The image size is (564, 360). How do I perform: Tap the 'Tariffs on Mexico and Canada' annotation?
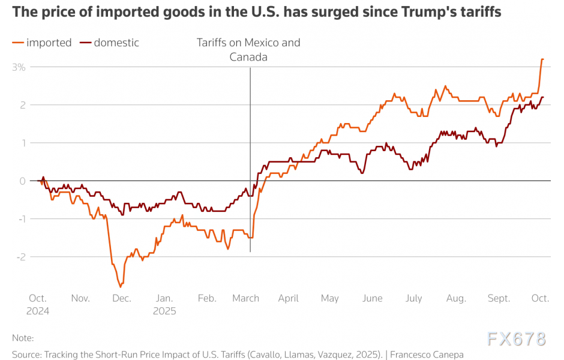click(x=248, y=50)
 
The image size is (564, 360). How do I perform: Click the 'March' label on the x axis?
click(x=246, y=298)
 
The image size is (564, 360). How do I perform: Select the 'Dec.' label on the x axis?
click(x=122, y=298)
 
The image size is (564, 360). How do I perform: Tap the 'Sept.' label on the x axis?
click(x=499, y=298)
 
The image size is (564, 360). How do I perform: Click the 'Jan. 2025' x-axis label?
click(x=164, y=304)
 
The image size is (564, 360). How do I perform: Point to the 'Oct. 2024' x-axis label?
click(x=38, y=304)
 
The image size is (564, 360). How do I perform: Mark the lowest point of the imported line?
click(x=120, y=287)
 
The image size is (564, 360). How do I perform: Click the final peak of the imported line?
click(x=542, y=59)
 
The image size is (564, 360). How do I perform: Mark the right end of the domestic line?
click(x=543, y=97)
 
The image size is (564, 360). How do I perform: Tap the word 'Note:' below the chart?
click(x=23, y=338)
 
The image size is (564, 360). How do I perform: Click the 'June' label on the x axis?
click(x=373, y=298)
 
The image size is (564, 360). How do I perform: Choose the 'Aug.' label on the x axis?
click(x=456, y=298)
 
